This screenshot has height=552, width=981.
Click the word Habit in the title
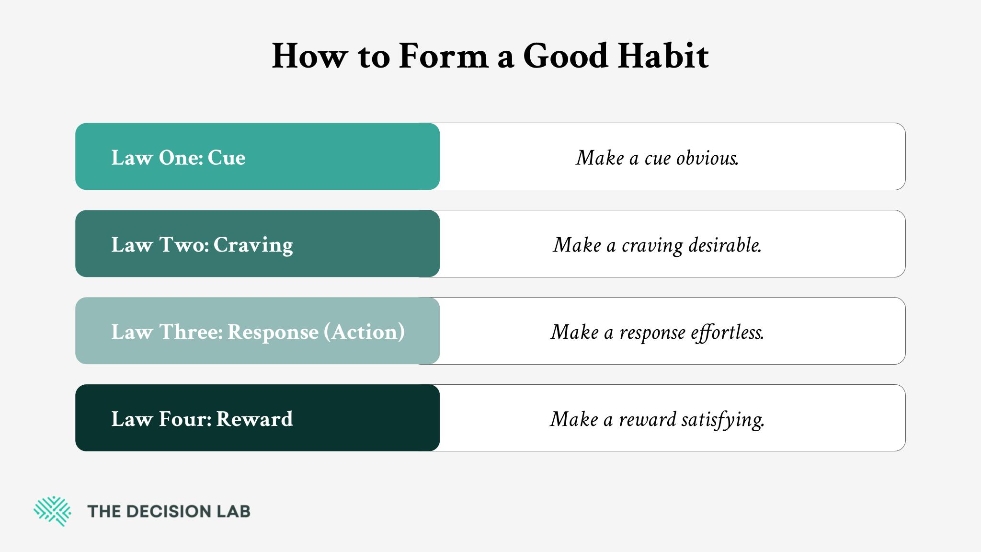coord(663,56)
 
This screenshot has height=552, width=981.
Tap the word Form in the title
coord(443,56)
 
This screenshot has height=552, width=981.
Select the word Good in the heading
coord(566,56)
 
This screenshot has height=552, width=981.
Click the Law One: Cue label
coord(178,158)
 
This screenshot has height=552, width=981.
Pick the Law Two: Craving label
coord(202,245)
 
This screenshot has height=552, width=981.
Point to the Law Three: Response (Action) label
coord(258,332)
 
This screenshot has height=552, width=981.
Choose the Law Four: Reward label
coord(202,419)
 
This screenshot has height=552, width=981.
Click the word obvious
coord(707,158)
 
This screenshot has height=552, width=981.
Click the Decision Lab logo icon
coord(52,511)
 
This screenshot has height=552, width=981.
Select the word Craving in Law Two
coord(253,245)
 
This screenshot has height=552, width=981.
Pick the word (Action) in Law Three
coord(365,332)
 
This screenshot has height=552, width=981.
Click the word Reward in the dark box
coord(254,419)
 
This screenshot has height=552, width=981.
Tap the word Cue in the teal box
coord(227,158)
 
